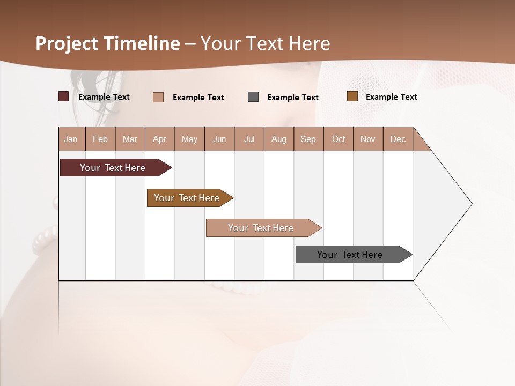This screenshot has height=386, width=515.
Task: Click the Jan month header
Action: click(x=71, y=139)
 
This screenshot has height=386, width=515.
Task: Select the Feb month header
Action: click(x=100, y=139)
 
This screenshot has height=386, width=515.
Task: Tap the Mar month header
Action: click(x=130, y=139)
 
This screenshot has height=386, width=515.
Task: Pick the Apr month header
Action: click(x=160, y=139)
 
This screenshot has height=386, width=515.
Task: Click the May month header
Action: click(x=189, y=139)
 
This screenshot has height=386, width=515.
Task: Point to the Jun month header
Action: click(x=219, y=139)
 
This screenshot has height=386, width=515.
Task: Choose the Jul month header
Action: click(x=249, y=139)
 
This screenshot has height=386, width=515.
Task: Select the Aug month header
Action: click(x=279, y=139)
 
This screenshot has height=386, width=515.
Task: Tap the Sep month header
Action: click(x=308, y=139)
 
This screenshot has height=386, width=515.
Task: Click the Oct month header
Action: click(x=339, y=139)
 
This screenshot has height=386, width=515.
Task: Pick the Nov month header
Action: click(x=368, y=139)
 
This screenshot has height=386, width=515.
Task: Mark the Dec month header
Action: click(x=398, y=139)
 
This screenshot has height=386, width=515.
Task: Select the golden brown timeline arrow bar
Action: click(x=188, y=198)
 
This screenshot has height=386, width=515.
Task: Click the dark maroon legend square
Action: click(x=64, y=96)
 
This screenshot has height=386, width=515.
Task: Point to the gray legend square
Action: click(x=253, y=97)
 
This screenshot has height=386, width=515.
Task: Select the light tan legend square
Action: click(x=158, y=97)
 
